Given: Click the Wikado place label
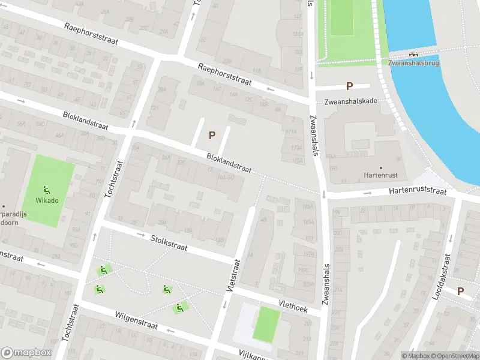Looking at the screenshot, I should [x=47, y=200].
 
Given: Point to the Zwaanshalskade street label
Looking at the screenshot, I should [x=351, y=101].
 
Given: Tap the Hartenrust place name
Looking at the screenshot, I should [x=380, y=176].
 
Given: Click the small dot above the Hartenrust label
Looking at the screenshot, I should [x=380, y=167].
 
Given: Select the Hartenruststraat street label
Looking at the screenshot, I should [x=418, y=191].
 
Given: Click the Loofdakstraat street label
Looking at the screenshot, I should [x=442, y=277].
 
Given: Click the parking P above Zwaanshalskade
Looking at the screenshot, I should [x=349, y=87].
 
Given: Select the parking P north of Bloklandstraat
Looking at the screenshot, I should [x=212, y=136].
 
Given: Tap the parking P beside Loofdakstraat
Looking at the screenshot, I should [x=461, y=292].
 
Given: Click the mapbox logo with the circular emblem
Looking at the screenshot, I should [x=25, y=352].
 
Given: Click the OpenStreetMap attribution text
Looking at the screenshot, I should [x=456, y=356].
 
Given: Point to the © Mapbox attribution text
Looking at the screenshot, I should [x=416, y=356].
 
